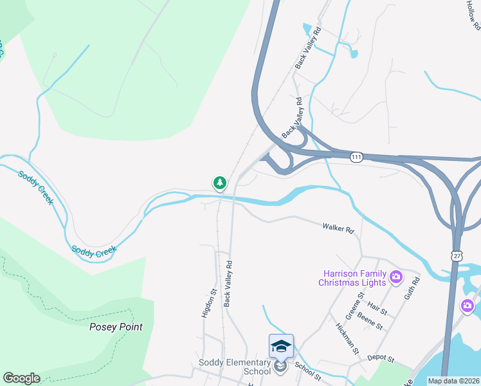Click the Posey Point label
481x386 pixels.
coord(116,327)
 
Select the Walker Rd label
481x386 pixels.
coord(338,228)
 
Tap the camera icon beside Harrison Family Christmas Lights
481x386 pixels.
coord(395,278)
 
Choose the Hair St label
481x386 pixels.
coord(377,310)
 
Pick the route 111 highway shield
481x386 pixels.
coord(357,157)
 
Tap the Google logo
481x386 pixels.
coord(21,378)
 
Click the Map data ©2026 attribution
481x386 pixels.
coord(453,381)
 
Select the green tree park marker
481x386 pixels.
coord(220,183)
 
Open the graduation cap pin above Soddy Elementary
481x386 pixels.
coord(281,346)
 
